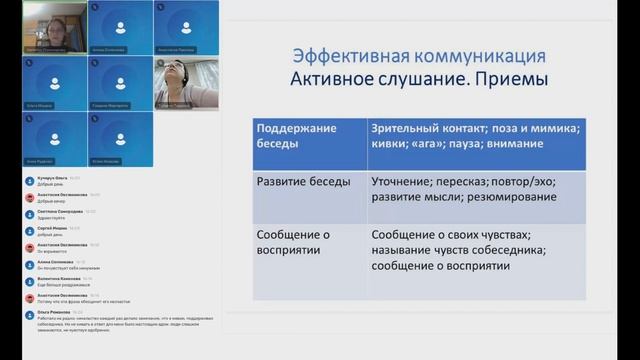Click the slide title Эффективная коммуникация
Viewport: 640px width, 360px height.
(418, 55)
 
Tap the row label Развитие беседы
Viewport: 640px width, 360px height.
(304, 183)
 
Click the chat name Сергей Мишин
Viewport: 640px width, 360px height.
(52, 229)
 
